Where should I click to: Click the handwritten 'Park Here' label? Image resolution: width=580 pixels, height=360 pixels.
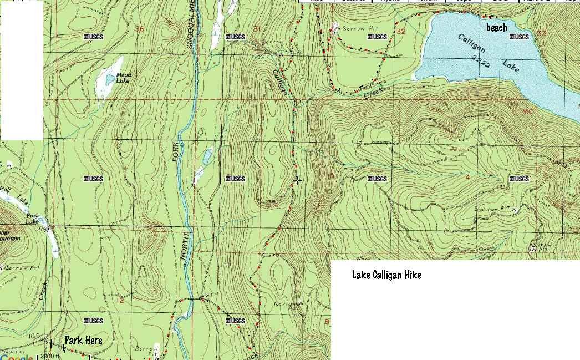(83, 340)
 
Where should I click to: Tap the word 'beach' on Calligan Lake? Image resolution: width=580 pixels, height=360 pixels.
(496, 27)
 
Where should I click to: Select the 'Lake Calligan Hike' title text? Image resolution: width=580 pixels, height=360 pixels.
(386, 275)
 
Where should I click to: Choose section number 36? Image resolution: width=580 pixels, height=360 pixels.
(139, 29)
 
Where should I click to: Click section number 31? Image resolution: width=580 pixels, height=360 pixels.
(256, 29)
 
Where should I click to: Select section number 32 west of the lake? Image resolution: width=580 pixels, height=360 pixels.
(400, 31)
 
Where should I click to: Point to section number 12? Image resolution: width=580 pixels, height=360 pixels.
(121, 300)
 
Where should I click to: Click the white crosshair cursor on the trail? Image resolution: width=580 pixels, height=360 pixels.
(298, 180)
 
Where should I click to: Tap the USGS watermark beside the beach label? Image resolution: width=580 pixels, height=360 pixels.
(519, 37)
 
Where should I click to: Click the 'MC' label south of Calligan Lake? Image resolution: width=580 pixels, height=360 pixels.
(527, 111)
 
